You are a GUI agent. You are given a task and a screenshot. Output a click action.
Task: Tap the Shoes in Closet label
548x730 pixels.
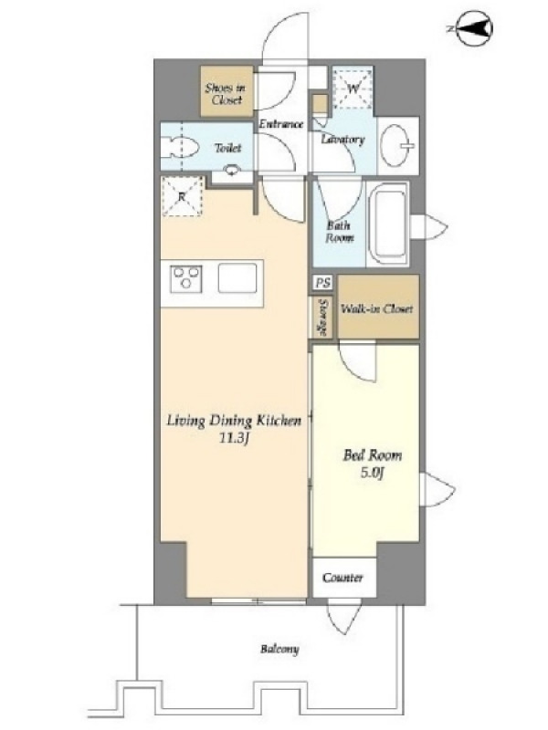tap(225, 94)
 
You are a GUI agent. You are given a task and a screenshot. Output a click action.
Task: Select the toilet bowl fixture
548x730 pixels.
tap(180, 147)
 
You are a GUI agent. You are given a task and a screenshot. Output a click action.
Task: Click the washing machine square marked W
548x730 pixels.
tap(353, 88)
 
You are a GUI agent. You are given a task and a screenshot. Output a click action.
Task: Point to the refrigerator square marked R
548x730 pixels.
tap(182, 196)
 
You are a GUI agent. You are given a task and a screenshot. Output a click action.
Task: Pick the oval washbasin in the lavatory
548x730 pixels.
tap(395, 145)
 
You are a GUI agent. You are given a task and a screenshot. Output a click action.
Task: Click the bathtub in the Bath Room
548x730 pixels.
tap(388, 224)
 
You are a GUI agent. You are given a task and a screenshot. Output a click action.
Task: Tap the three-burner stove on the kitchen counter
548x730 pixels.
tap(186, 279)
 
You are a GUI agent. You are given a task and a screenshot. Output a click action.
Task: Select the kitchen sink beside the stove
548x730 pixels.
tap(237, 278)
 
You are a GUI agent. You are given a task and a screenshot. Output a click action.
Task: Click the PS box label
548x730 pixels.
tap(322, 283)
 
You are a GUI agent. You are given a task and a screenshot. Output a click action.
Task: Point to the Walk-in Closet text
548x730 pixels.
tap(377, 308)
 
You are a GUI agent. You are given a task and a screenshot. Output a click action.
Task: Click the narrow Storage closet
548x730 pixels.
tap(323, 317)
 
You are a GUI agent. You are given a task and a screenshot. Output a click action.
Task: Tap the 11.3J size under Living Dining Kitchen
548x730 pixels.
tap(233, 438)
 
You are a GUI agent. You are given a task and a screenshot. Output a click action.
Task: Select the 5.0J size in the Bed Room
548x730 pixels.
tap(372, 473)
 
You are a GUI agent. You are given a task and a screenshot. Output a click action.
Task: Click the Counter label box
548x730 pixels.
tap(344, 578)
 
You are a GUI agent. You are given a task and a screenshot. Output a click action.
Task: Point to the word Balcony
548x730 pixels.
tap(279, 649)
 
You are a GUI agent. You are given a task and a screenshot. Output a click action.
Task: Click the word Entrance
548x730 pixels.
tap(281, 124)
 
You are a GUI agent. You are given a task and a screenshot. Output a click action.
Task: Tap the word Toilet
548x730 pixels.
tap(227, 148)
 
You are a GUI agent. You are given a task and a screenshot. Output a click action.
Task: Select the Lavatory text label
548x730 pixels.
tap(343, 139)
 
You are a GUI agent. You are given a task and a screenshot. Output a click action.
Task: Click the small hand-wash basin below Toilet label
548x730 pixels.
tap(232, 171)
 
